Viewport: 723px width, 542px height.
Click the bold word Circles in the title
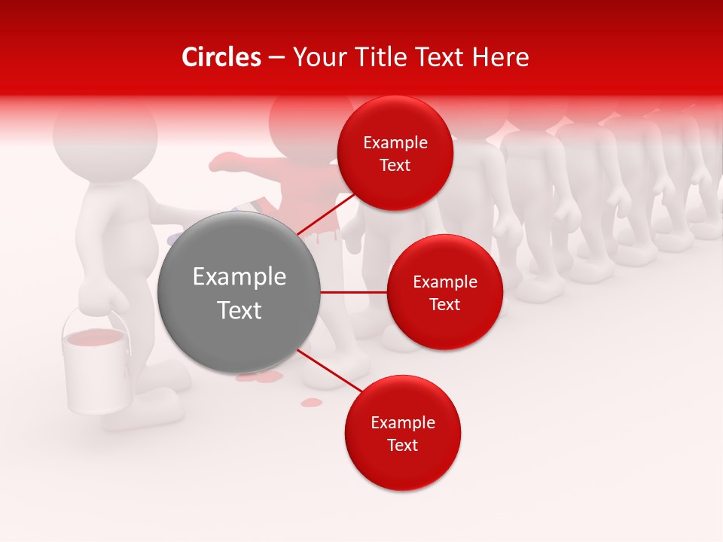point(221,57)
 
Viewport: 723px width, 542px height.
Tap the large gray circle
point(239,292)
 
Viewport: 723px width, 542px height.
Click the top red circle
point(395,153)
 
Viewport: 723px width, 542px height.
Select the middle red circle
point(444,292)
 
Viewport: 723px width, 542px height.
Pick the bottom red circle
point(402,433)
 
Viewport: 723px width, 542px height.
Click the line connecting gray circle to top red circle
point(325,215)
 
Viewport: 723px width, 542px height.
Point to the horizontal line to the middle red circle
point(353,292)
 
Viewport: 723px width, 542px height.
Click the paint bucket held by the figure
point(96,373)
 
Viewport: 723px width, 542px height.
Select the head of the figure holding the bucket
point(105,135)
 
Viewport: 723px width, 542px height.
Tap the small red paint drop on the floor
point(311,403)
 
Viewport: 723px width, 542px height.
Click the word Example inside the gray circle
point(239,277)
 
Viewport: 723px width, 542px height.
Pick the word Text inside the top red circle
point(395,165)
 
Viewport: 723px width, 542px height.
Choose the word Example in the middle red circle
point(444,282)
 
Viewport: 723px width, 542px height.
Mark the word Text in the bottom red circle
point(402,445)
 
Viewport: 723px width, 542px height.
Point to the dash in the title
point(276,58)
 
